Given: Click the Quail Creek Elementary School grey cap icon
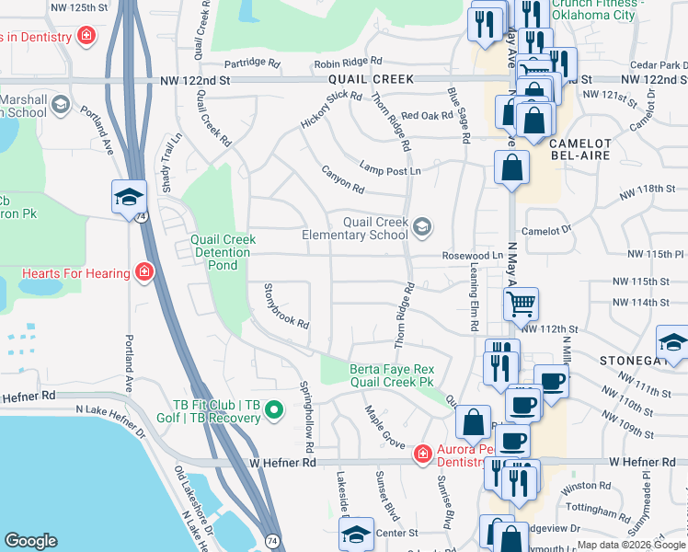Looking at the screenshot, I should tap(422, 226).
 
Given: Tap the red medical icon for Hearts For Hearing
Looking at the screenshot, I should tap(143, 271).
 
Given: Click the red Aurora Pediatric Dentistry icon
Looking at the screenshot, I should tap(422, 453).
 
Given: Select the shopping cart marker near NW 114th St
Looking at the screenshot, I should tap(521, 303).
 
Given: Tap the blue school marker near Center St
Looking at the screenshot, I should tap(357, 534).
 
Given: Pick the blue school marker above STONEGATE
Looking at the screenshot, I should tap(672, 339).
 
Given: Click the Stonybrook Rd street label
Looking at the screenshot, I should tap(286, 306).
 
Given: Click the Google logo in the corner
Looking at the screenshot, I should tap(30, 540).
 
